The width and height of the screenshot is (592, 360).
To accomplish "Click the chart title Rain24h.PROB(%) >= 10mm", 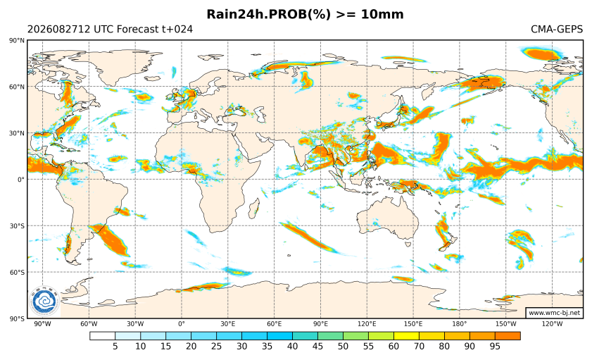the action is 305,14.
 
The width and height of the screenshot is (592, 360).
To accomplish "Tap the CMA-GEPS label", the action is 557,29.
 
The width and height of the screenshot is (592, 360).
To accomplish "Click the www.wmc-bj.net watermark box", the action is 554,313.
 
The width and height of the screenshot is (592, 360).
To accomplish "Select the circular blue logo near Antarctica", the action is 44,302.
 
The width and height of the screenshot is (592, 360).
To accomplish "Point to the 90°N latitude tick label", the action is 18,40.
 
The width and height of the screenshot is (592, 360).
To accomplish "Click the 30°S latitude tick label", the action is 18,226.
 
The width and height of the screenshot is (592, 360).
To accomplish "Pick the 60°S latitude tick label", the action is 18,273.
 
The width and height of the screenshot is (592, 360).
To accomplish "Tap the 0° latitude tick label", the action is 21,180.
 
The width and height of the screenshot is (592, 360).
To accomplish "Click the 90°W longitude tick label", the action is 42,324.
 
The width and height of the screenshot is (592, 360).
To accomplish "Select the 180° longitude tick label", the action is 460,324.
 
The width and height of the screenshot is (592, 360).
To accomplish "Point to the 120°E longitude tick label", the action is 367,324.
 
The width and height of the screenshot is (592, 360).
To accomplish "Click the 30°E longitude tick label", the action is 228,324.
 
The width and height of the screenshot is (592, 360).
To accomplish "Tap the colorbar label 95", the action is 495,347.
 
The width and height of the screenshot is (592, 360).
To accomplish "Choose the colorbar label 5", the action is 115,347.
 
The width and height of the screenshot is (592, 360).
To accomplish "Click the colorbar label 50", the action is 344,347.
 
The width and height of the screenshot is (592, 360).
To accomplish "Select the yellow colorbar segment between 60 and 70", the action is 406,336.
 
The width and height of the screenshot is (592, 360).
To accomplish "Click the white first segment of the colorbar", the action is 102,336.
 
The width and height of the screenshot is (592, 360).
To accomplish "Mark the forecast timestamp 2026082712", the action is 58,29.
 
